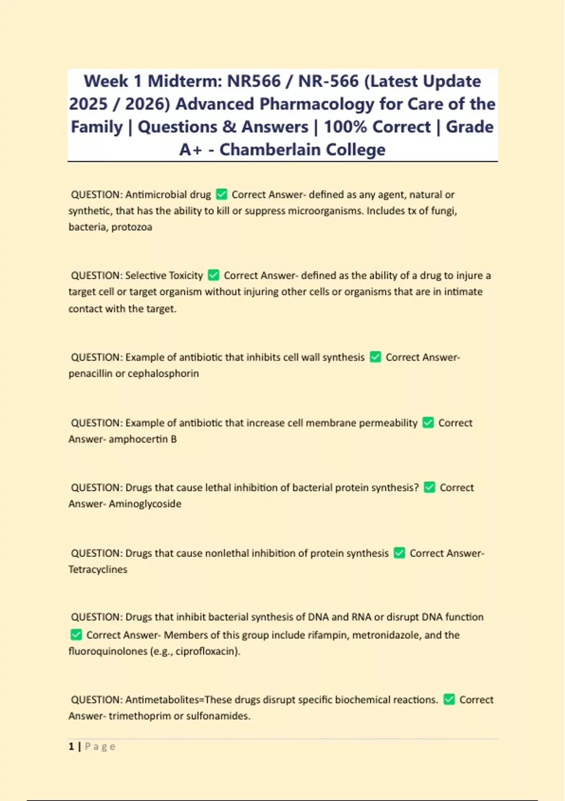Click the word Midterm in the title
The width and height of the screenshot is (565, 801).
tap(184, 81)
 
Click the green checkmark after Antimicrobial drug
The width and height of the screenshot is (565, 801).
tap(221, 194)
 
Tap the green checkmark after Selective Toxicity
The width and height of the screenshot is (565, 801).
tap(213, 275)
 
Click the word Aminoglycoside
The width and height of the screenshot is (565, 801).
tap(145, 504)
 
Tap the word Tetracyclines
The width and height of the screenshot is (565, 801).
tap(98, 569)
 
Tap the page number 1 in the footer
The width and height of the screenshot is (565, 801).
tap(72, 746)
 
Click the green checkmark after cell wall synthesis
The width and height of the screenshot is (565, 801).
tap(375, 357)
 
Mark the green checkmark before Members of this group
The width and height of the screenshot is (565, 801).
tap(76, 635)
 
